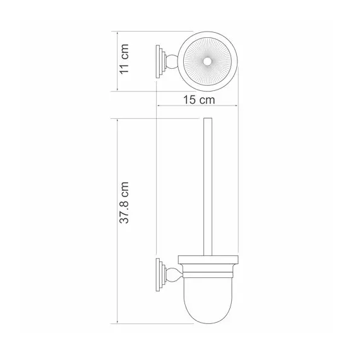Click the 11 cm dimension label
coord(124,59)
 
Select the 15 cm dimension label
coord(199,100)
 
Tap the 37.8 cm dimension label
coord(124,203)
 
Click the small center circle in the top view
coord(208,62)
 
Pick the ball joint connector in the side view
coord(172,275)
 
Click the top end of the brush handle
coord(208,119)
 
